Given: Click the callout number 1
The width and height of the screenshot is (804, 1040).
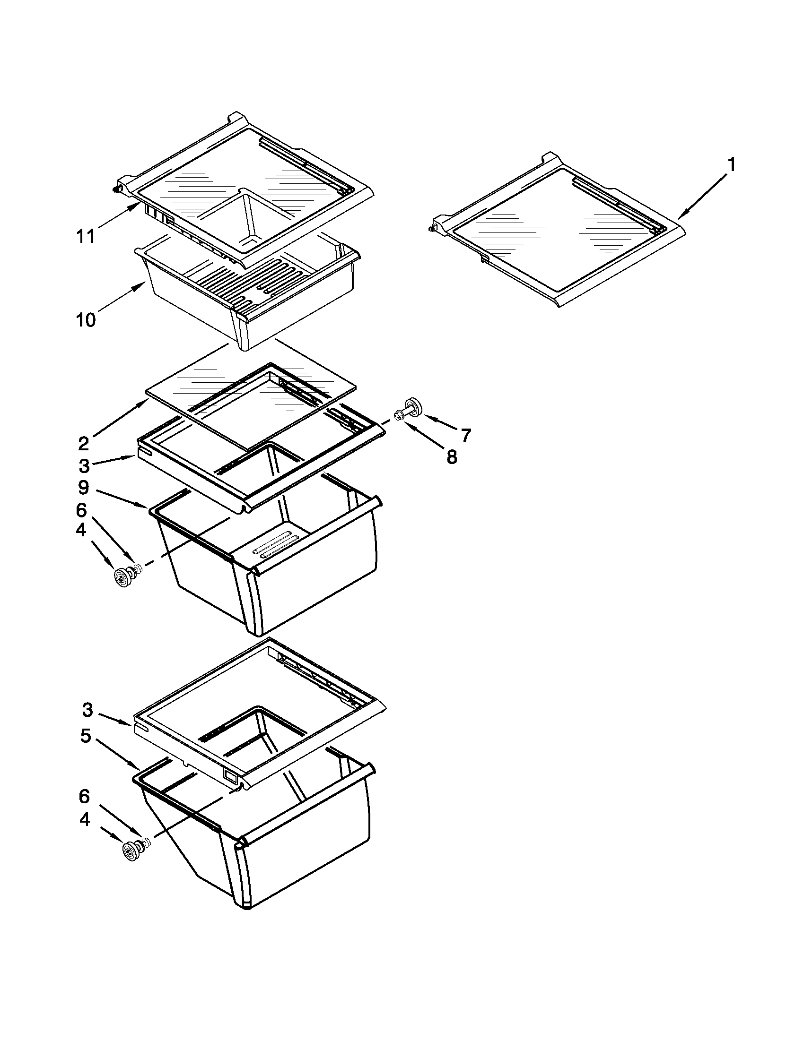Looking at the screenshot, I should tap(731, 165).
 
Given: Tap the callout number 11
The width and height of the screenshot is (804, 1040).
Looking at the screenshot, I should tap(86, 236).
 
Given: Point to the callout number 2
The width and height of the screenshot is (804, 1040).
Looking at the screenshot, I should tap(83, 443).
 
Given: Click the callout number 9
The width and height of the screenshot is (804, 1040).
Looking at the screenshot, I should tap(84, 487).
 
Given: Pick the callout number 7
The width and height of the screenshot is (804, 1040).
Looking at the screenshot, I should tap(465, 434).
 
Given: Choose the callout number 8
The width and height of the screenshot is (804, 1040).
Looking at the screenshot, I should tap(452, 456).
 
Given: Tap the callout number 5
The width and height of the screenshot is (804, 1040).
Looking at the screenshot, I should tap(85, 736).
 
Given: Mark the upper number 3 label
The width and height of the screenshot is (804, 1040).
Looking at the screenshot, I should tap(84, 465).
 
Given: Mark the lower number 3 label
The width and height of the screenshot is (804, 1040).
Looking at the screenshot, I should tap(87, 710).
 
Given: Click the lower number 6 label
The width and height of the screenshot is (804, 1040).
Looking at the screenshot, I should tap(84, 796).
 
